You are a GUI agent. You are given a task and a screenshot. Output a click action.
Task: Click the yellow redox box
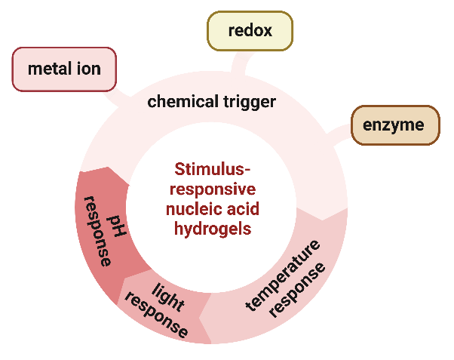[x=249, y=32]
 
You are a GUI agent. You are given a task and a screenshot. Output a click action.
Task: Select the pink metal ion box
[x=64, y=69]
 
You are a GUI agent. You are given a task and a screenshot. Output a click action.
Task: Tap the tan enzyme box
[x=394, y=125]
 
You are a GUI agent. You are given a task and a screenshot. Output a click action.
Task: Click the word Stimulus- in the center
[x=213, y=168]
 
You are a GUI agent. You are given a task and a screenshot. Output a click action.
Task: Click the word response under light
[x=155, y=312]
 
